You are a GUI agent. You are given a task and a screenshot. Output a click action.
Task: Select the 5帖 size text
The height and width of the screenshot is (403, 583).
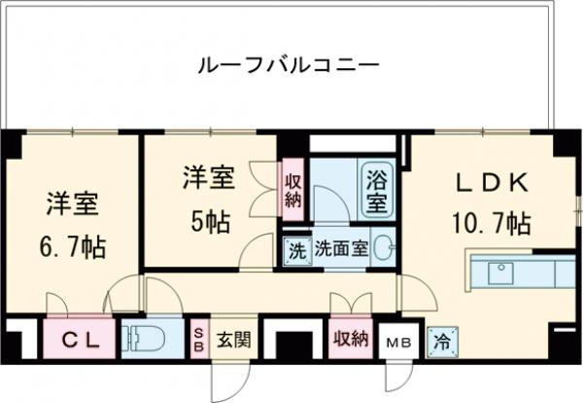click(208, 222)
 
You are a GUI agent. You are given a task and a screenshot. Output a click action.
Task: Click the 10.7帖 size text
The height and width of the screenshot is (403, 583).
click(492, 224)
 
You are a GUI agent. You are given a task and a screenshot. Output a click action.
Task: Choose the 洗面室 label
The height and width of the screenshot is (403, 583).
click(339, 249)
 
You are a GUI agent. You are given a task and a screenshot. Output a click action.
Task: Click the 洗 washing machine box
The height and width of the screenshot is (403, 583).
click(295, 249)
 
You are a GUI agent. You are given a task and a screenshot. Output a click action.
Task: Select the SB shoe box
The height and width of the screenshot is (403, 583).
click(197, 338)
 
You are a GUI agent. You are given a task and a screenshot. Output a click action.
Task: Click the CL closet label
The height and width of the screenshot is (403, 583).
click(76, 340)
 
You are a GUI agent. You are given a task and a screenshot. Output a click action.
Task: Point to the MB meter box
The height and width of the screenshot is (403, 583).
click(398, 342)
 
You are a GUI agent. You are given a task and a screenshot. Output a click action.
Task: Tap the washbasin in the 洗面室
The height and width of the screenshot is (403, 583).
click(384, 247)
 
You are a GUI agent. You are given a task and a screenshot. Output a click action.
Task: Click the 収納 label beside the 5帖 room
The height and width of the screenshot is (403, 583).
click(291, 190)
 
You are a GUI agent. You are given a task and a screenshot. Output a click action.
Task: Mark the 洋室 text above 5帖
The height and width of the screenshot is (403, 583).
click(208, 179)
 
